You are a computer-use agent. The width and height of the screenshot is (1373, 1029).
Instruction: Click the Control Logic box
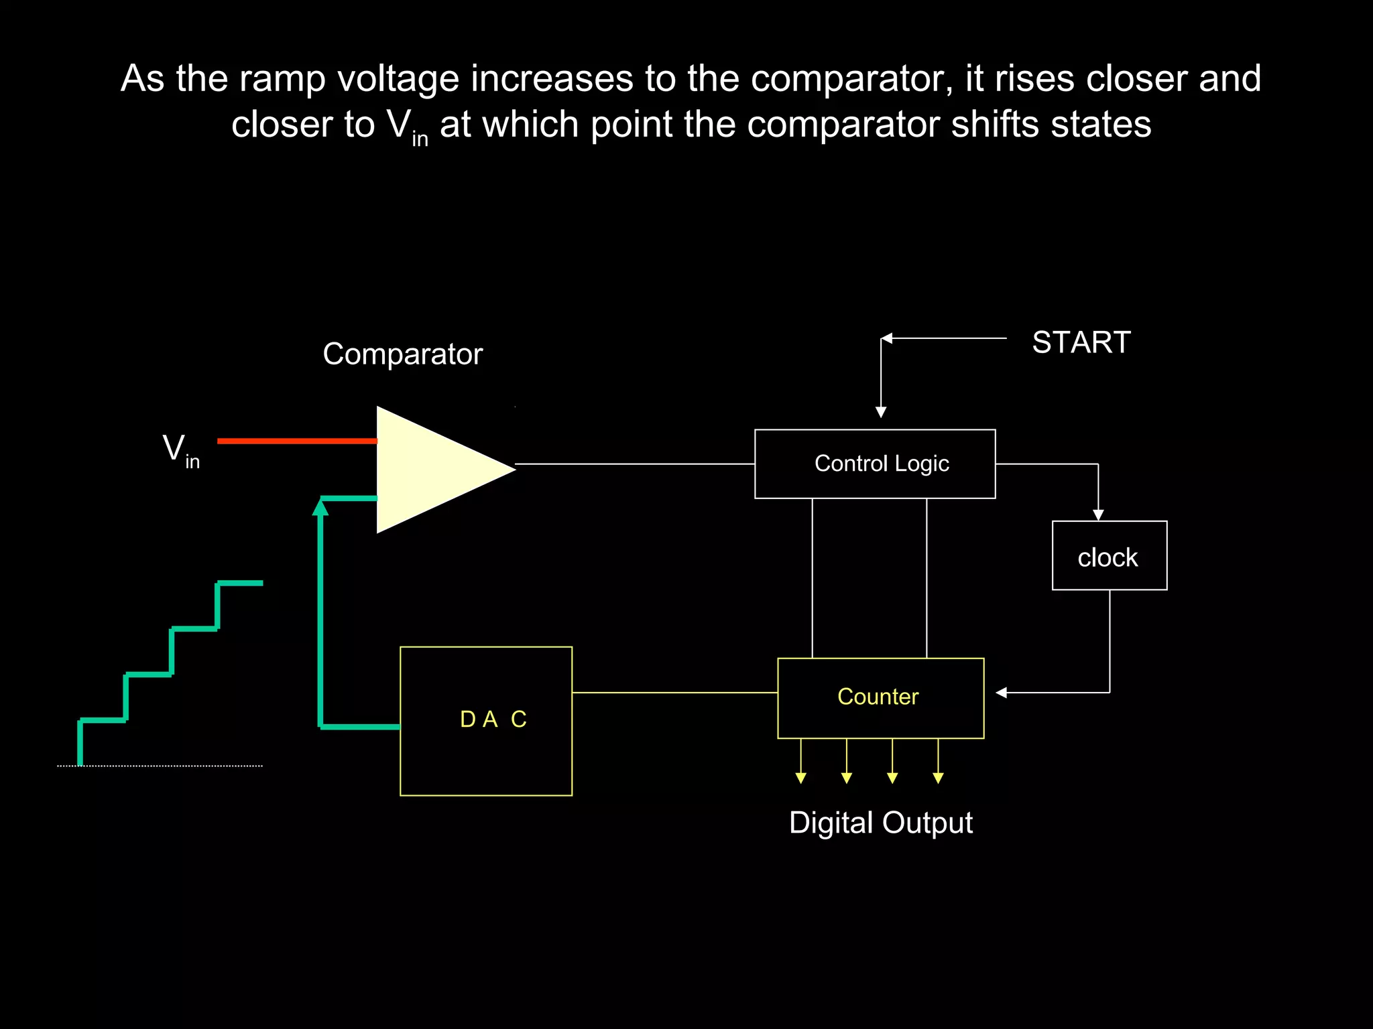click(875, 464)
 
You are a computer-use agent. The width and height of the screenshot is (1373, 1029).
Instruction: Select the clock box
click(1109, 556)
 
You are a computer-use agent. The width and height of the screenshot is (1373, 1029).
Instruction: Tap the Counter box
click(880, 697)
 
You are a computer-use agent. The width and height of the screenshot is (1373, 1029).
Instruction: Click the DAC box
click(486, 721)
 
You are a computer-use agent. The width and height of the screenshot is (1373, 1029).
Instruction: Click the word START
click(1081, 342)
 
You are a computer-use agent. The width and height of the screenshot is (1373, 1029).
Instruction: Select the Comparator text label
click(402, 354)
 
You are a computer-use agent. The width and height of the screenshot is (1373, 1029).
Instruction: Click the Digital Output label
click(880, 823)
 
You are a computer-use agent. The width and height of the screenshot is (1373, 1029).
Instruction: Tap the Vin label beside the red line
click(180, 450)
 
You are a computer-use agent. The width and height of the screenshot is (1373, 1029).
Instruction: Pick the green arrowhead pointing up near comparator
click(320, 508)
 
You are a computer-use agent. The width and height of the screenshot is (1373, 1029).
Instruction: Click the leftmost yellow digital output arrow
click(800, 776)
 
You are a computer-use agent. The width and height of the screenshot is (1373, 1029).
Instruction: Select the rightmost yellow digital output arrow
click(938, 776)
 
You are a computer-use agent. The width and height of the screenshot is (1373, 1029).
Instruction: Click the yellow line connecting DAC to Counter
click(674, 693)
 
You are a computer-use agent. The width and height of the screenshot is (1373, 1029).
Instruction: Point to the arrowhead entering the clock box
click(1098, 514)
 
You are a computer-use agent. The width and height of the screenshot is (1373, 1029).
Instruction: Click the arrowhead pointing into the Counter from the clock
click(1002, 693)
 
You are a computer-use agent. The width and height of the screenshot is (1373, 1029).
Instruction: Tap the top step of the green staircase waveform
click(240, 584)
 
